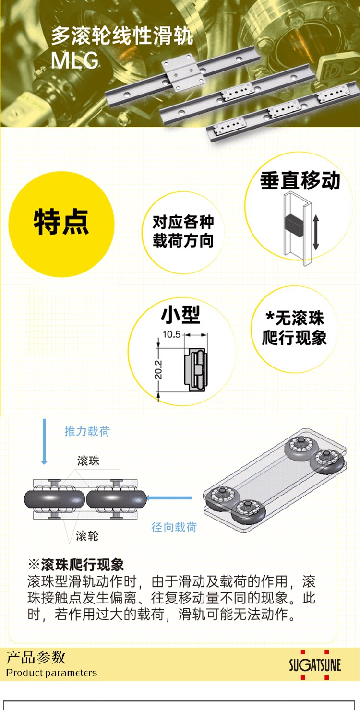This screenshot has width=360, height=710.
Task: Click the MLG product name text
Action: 75,60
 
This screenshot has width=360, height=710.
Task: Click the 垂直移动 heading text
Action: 300,181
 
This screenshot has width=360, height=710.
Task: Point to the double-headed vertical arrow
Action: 315,232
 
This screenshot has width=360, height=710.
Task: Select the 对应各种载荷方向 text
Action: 183,231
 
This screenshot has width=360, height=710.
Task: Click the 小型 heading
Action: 180,315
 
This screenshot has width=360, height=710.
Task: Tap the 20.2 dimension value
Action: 158,370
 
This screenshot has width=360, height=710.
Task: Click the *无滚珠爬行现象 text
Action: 294,328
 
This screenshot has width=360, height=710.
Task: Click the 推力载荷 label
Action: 87,431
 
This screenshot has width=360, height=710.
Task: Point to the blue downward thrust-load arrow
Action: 44,441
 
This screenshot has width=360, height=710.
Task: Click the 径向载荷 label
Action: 174,527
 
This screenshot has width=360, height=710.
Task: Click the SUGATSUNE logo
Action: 315,665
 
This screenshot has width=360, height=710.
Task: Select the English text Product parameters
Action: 52,673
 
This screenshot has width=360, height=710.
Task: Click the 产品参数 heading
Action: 36,657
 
